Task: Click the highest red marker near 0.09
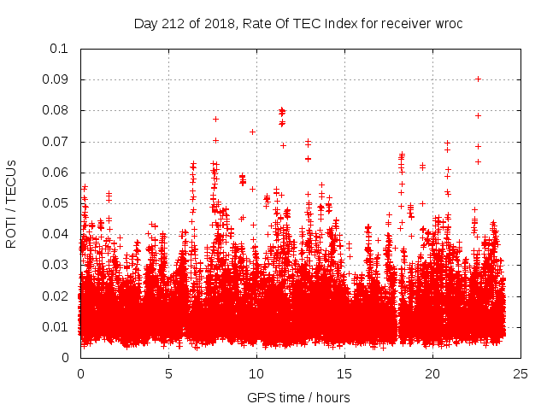(x=478, y=79)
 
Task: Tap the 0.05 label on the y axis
(x=58, y=203)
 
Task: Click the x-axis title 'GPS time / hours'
(x=298, y=397)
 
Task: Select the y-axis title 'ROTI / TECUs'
(x=12, y=203)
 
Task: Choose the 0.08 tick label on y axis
(x=58, y=110)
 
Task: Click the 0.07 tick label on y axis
(x=58, y=142)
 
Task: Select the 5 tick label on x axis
(x=168, y=374)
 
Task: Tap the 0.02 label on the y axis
(x=58, y=296)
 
